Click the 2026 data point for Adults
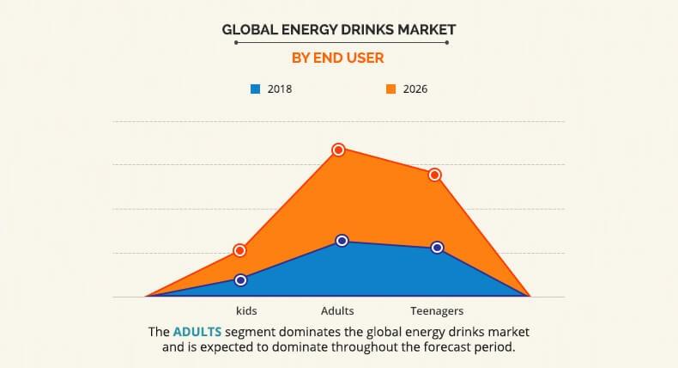point(338,150)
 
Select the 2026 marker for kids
point(240,250)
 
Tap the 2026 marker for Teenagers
point(435,175)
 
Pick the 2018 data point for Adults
point(342,241)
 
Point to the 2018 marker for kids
point(241,279)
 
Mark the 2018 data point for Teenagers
point(437,248)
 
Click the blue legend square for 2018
point(255,89)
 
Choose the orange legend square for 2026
point(389,89)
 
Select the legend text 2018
point(280,89)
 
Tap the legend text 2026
point(415,89)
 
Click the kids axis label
point(246,310)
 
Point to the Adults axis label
point(337,310)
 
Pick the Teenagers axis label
point(436,310)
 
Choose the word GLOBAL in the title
point(245,29)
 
